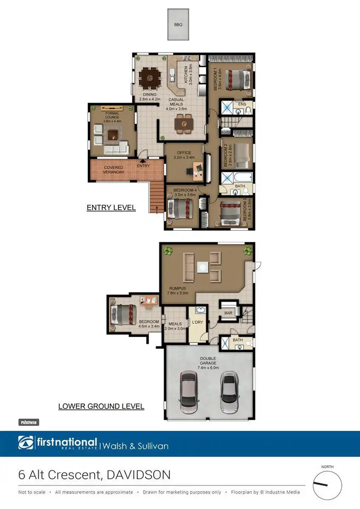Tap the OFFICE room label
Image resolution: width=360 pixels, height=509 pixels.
[x=184, y=153]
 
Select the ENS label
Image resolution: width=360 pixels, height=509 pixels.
[x=242, y=104]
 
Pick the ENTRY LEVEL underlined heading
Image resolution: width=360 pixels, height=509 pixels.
[x=111, y=208]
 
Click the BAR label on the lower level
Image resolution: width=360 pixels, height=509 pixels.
[x=228, y=312]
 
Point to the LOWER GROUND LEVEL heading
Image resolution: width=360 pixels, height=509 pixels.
[x=101, y=406]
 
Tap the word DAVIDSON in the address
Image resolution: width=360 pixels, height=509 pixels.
[x=139, y=475]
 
